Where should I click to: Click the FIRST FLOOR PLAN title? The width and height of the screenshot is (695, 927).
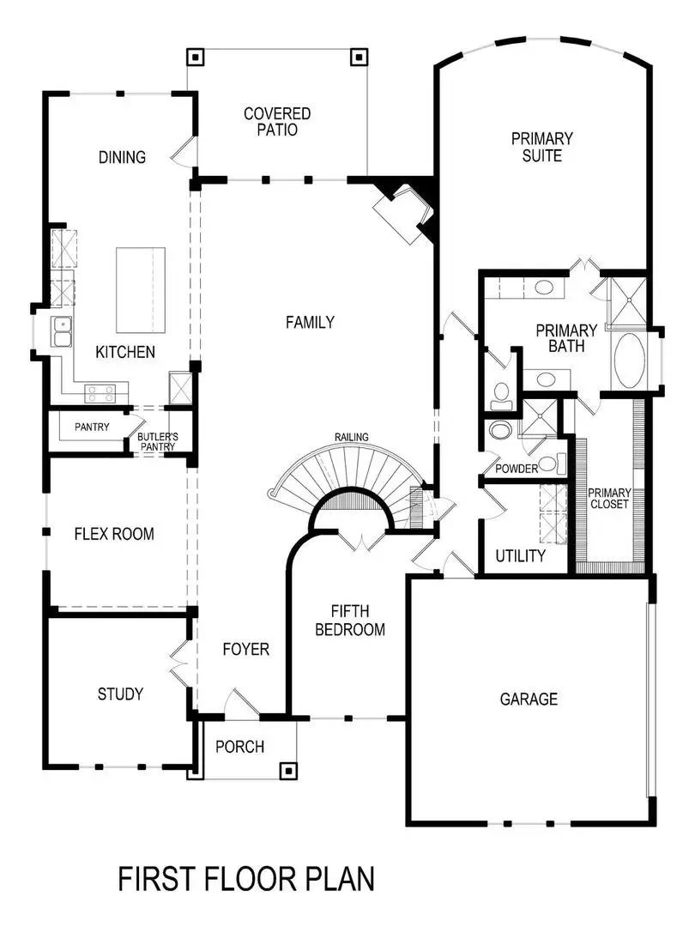(x=246, y=880)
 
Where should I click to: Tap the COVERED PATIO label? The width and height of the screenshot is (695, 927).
(x=277, y=122)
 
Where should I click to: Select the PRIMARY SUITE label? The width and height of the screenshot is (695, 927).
(x=542, y=147)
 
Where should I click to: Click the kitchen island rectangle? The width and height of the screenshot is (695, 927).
(x=141, y=290)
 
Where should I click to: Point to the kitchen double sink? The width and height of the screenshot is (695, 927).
(x=61, y=331)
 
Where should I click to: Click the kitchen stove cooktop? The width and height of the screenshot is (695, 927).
(x=100, y=393)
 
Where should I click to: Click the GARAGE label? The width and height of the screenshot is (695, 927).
(x=529, y=699)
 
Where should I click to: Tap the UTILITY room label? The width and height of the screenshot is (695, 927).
(x=520, y=556)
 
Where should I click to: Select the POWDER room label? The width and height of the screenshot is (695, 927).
(x=517, y=469)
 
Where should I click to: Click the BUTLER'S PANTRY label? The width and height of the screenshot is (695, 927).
(x=158, y=442)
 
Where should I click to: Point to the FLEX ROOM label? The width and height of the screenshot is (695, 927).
(x=114, y=534)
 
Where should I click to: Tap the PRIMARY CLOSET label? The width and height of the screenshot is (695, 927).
(x=609, y=499)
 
